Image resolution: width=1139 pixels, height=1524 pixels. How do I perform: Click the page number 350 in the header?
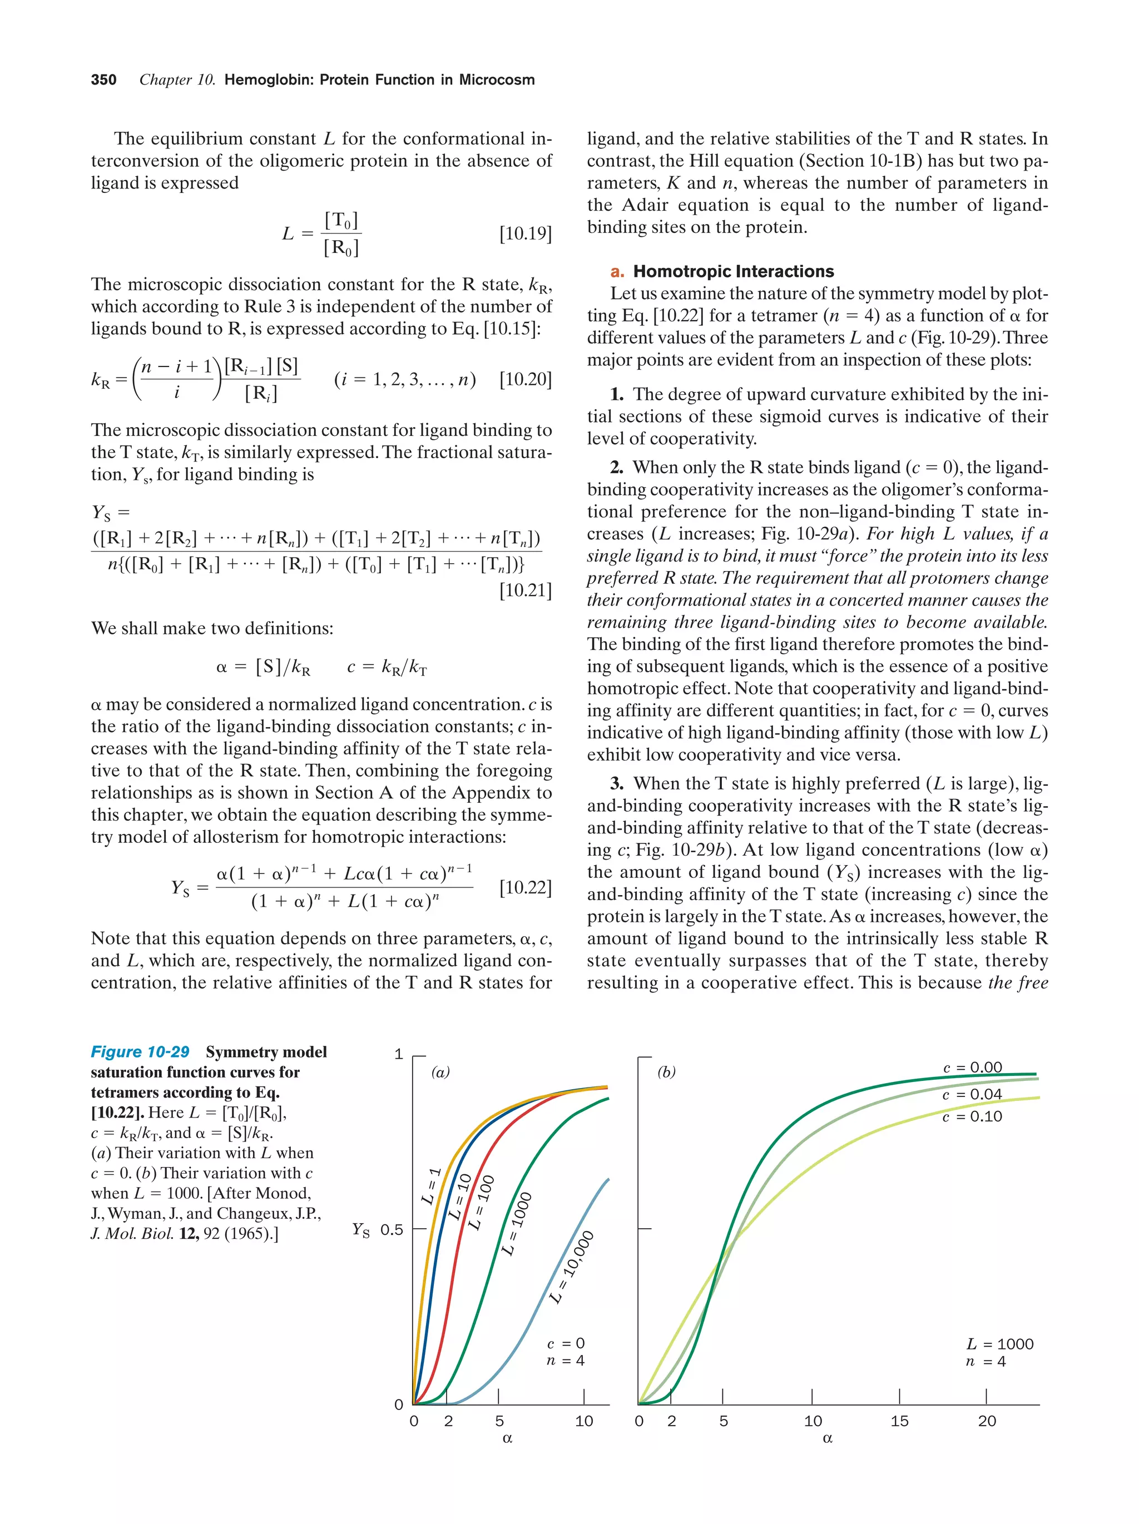(x=103, y=80)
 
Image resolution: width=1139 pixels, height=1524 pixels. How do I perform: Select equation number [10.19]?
(x=525, y=234)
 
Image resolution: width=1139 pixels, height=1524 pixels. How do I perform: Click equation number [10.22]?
(x=525, y=887)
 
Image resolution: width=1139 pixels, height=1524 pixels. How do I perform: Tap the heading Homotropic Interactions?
(x=733, y=271)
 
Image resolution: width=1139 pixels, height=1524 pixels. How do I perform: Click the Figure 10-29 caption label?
(x=140, y=1052)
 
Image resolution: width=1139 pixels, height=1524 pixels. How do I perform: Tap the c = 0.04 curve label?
(x=972, y=1095)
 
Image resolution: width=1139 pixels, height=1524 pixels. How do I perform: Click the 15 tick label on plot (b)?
(x=899, y=1421)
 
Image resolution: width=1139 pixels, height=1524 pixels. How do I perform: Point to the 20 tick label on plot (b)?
(x=987, y=1421)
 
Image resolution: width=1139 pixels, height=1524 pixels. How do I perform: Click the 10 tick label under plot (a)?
(x=583, y=1421)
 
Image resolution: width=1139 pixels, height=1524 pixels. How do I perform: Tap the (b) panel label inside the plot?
(x=666, y=1073)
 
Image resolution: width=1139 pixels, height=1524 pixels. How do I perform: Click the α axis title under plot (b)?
(x=828, y=1438)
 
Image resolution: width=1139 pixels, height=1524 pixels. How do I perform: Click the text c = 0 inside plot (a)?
(x=566, y=1343)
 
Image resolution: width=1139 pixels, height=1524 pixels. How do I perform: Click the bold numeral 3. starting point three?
(x=617, y=784)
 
